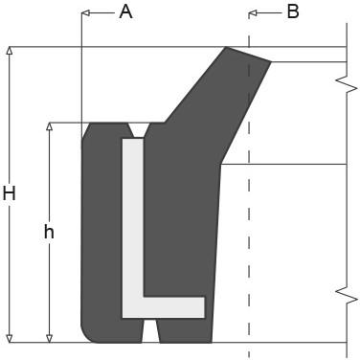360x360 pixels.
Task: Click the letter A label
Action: [125, 12]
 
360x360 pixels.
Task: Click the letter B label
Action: [293, 11]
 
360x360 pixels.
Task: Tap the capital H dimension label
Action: [10, 193]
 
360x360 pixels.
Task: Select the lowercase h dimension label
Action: [49, 232]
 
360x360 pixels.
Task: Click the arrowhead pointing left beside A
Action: [85, 12]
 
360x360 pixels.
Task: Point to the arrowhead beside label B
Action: [253, 13]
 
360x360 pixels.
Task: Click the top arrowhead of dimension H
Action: [10, 51]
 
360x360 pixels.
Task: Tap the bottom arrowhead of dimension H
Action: [10, 339]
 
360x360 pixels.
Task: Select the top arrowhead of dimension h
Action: [49, 126]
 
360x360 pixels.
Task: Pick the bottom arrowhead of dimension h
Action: [49, 339]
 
